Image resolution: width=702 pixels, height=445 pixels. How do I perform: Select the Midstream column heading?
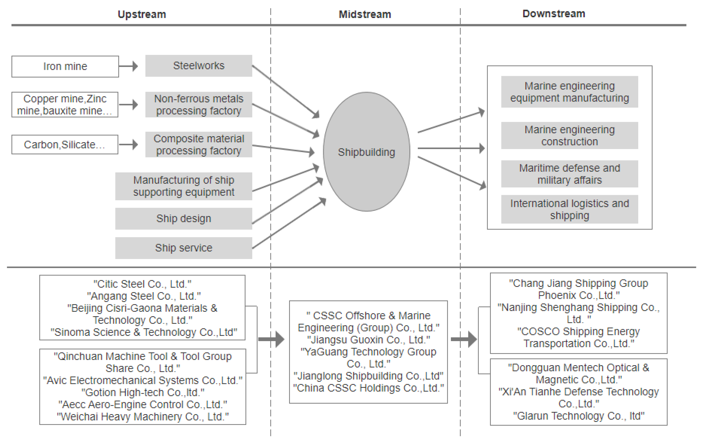tap(365, 14)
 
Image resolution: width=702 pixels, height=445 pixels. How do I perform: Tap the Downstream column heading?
tap(554, 14)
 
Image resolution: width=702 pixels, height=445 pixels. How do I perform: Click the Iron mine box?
tap(65, 67)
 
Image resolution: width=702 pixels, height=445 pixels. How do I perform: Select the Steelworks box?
tap(198, 66)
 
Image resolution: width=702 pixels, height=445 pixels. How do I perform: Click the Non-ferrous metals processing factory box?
tap(198, 105)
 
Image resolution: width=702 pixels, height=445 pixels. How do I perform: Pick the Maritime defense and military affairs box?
tap(569, 174)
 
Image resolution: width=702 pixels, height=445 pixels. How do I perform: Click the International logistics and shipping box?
tap(569, 209)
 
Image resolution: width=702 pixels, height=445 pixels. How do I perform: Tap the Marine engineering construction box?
tap(569, 136)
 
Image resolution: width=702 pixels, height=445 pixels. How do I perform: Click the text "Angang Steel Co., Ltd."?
tap(144, 296)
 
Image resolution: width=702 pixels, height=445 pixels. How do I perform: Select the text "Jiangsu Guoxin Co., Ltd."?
tap(368, 340)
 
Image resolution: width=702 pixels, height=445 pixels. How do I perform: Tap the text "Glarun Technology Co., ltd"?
tap(578, 416)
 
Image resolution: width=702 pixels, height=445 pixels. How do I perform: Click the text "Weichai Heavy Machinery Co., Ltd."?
tap(143, 416)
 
